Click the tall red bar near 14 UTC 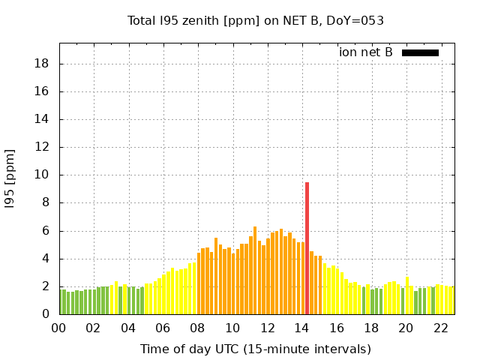coord(307,248)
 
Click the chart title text coord(256,21)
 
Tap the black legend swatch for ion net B coord(420,52)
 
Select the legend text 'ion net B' coord(366,52)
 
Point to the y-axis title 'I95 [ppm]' coord(10,178)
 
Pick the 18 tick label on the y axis coord(43,64)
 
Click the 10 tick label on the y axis coord(43,175)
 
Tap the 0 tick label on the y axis coord(46,314)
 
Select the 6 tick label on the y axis coord(46,231)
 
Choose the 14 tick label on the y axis coord(43,119)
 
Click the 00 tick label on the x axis coord(58,328)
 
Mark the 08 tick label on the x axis coord(197,328)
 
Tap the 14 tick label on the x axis coord(301,328)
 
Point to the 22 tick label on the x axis coord(440,328)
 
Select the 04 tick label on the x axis coord(128,328)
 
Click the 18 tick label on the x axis coord(371,328)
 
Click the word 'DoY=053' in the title coord(358,21)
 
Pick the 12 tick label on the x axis coord(267,328)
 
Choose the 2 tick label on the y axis coord(46,286)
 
